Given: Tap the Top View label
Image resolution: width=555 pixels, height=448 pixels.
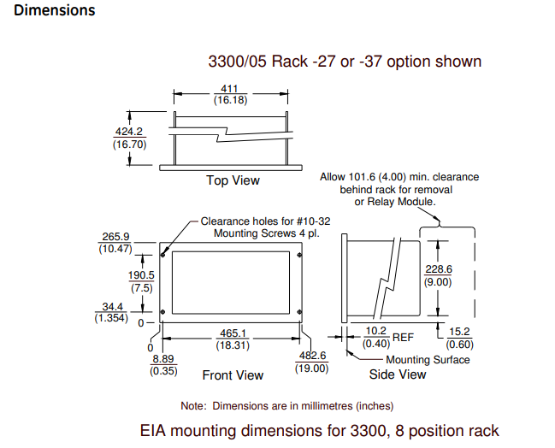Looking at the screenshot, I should [x=233, y=180].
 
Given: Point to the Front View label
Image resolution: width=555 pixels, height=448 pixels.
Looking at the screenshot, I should [x=233, y=375].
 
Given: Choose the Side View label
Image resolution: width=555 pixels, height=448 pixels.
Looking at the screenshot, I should [x=398, y=374].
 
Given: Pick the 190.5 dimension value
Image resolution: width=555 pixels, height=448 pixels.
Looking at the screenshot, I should [x=141, y=275].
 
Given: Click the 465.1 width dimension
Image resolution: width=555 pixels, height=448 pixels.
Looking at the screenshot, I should [x=231, y=333].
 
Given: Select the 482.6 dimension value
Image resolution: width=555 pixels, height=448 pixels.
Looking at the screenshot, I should [x=312, y=356].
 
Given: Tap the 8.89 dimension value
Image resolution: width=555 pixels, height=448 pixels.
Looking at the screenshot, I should [x=163, y=359].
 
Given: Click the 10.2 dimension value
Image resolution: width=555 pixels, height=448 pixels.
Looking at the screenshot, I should [x=376, y=332].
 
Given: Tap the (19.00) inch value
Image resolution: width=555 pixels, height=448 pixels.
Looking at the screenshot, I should [x=312, y=368].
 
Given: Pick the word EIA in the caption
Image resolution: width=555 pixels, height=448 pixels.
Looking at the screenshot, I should [x=155, y=430].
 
